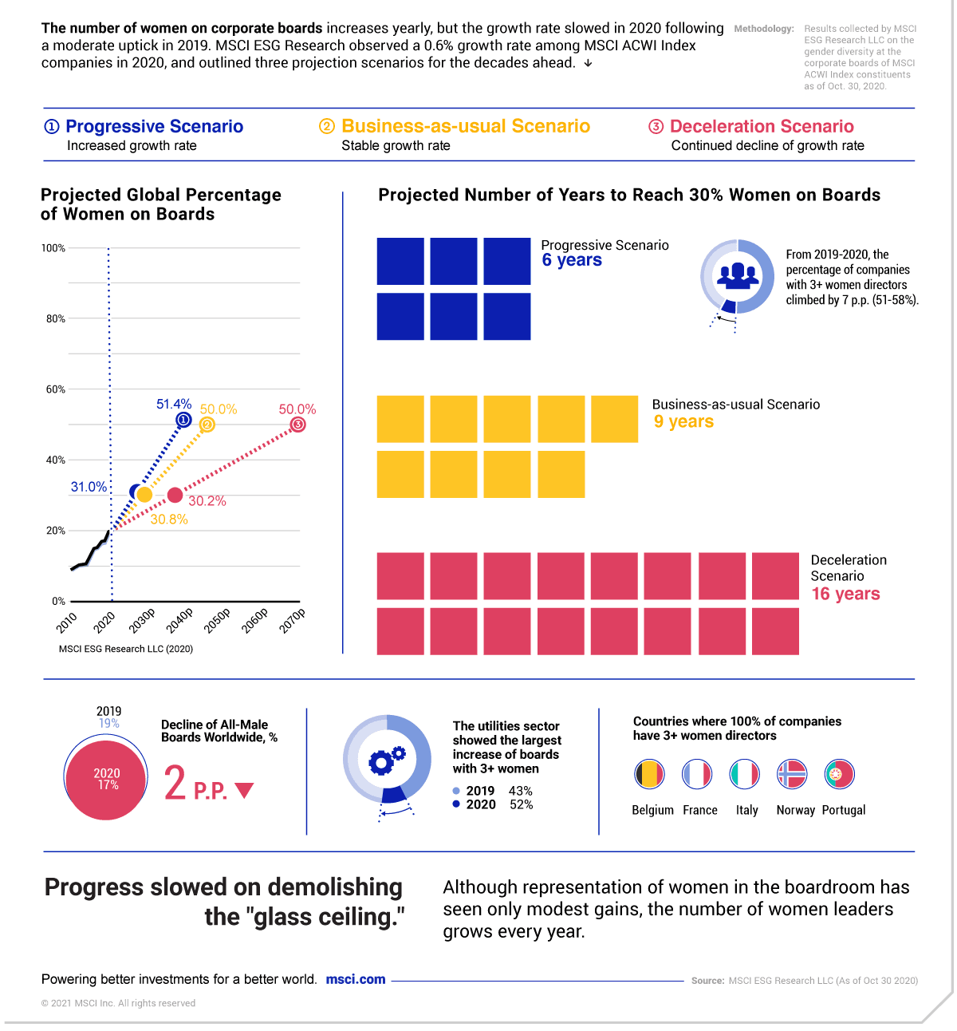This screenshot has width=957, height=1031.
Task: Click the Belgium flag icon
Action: pyautogui.click(x=649, y=774)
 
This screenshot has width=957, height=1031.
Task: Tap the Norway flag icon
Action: pyautogui.click(x=792, y=774)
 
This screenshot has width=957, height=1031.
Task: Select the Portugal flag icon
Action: pyautogui.click(x=839, y=774)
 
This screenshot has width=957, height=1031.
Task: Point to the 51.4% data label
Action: pyautogui.click(x=174, y=405)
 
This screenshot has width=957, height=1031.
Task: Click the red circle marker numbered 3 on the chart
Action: pyautogui.click(x=297, y=425)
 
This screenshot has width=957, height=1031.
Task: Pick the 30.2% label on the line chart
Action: pyautogui.click(x=207, y=501)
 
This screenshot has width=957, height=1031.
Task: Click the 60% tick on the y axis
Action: pyautogui.click(x=55, y=389)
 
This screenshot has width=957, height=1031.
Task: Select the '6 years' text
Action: pyautogui.click(x=572, y=260)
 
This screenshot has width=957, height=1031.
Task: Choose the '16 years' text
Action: pyautogui.click(x=845, y=594)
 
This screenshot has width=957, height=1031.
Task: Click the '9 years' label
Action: pyautogui.click(x=683, y=421)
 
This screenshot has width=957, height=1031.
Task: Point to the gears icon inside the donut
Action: pyautogui.click(x=387, y=760)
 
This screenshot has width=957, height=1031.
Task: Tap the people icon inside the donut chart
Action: pyautogui.click(x=738, y=275)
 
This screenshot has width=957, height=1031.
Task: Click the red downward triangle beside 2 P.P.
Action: pyautogui.click(x=245, y=790)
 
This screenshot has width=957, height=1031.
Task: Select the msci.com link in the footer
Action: pyautogui.click(x=356, y=979)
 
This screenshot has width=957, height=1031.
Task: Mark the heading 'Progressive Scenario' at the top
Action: pyautogui.click(x=154, y=126)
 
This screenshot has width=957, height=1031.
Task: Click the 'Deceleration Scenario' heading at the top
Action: pyautogui.click(x=762, y=126)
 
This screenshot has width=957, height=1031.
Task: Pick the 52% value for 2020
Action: pyautogui.click(x=522, y=804)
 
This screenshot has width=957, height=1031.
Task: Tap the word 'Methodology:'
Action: pyautogui.click(x=764, y=29)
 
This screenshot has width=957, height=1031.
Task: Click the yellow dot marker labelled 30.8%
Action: pyautogui.click(x=144, y=495)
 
